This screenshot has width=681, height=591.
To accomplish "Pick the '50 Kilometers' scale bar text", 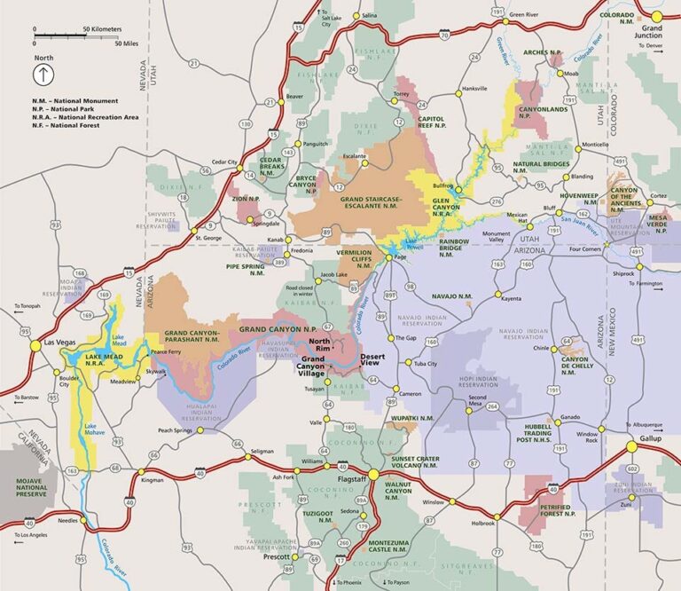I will (x=102, y=29).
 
